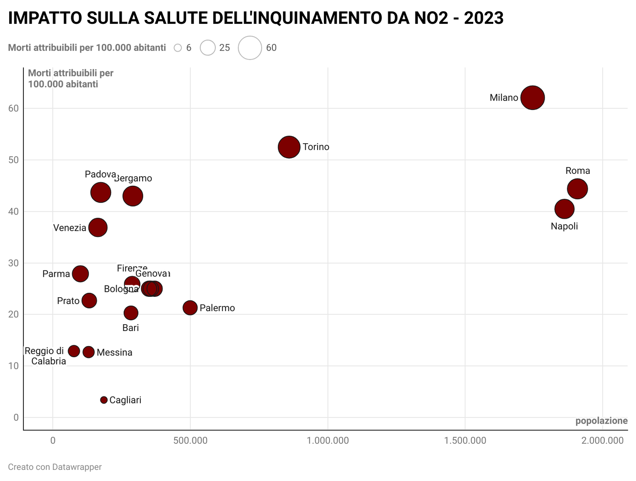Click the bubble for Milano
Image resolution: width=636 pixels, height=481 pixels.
[x=532, y=97]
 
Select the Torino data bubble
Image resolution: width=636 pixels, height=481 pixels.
[x=289, y=147]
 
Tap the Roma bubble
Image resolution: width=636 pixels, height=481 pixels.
[x=577, y=189]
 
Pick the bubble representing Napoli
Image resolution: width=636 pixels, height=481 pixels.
[x=564, y=209]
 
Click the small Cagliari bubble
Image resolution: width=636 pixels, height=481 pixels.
[x=104, y=400]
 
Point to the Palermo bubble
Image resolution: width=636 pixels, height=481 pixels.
[x=190, y=308]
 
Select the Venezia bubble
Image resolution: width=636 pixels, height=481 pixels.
[x=98, y=228]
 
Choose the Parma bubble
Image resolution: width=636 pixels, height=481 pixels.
[x=80, y=274]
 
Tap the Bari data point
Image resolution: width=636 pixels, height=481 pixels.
[x=131, y=313]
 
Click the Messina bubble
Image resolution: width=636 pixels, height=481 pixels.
[x=89, y=352]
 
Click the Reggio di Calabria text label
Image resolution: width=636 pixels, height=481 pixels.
[x=45, y=356]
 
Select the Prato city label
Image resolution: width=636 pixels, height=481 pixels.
[x=68, y=301]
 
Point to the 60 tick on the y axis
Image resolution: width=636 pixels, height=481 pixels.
[x=14, y=108]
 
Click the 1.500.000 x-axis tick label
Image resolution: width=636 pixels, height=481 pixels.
[x=465, y=441]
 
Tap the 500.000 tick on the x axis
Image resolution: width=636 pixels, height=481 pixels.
[x=190, y=441]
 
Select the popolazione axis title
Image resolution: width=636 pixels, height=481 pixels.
[x=601, y=421]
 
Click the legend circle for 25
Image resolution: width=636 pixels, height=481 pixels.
[x=207, y=48]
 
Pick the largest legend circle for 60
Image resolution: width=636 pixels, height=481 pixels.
[x=250, y=48]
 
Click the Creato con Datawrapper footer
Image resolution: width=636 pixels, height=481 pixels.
[x=55, y=467]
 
